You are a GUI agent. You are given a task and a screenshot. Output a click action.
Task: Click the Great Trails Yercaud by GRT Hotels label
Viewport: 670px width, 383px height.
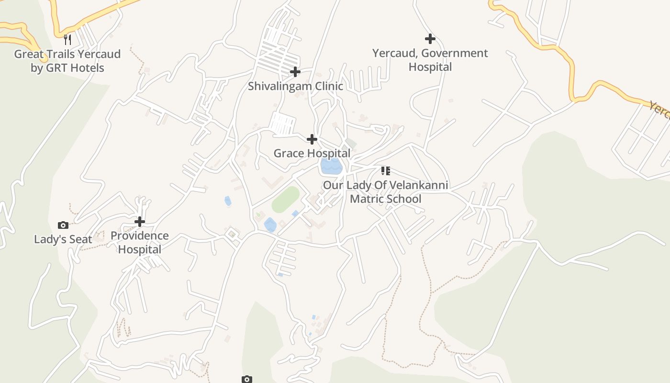click(x=67, y=61)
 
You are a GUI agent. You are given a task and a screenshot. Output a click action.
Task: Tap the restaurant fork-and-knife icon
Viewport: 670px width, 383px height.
click(x=67, y=39)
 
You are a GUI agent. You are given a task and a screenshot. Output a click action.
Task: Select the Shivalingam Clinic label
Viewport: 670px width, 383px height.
click(x=295, y=86)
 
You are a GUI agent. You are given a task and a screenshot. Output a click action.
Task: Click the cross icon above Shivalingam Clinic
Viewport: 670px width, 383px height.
click(x=295, y=72)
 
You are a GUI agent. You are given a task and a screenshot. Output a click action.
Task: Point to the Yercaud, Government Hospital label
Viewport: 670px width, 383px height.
click(x=430, y=60)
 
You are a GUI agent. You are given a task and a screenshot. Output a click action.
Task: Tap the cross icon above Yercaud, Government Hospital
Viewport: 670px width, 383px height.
click(x=430, y=39)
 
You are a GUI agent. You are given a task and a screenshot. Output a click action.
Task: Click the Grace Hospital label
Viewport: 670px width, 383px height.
click(x=312, y=153)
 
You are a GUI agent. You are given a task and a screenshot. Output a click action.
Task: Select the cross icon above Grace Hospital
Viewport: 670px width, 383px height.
click(x=312, y=140)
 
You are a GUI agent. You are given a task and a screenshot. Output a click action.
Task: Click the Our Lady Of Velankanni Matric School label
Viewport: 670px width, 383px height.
click(x=386, y=191)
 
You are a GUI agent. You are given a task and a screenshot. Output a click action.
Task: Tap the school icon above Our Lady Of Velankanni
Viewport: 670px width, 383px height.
click(x=386, y=171)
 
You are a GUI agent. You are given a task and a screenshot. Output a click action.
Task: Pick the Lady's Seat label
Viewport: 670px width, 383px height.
click(x=63, y=239)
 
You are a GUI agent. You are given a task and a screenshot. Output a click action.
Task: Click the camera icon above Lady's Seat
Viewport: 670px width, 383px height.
click(x=63, y=225)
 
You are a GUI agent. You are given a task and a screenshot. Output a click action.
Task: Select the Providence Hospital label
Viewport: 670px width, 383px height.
click(x=140, y=242)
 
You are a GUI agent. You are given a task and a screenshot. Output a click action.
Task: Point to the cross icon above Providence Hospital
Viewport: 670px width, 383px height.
click(x=140, y=222)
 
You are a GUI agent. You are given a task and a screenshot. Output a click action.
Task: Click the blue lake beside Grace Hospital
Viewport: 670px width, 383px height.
click(x=331, y=166)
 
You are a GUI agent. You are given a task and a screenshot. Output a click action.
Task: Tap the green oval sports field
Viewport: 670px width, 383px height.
click(x=286, y=199)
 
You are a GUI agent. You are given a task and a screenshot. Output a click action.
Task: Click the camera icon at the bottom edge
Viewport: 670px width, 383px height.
click(x=246, y=379)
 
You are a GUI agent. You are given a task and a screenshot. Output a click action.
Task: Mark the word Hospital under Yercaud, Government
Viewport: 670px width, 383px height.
click(x=430, y=67)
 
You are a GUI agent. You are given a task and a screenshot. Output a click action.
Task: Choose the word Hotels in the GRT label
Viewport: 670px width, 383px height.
click(x=87, y=68)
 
